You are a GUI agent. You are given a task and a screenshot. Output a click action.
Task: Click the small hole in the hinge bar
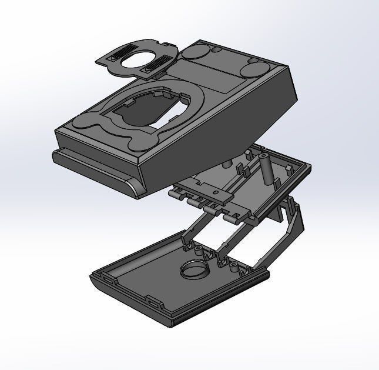[x=217, y=193]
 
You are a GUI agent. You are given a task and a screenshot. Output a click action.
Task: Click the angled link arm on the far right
[x=294, y=226]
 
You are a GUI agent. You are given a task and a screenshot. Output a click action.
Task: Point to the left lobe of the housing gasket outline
[x=88, y=127]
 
